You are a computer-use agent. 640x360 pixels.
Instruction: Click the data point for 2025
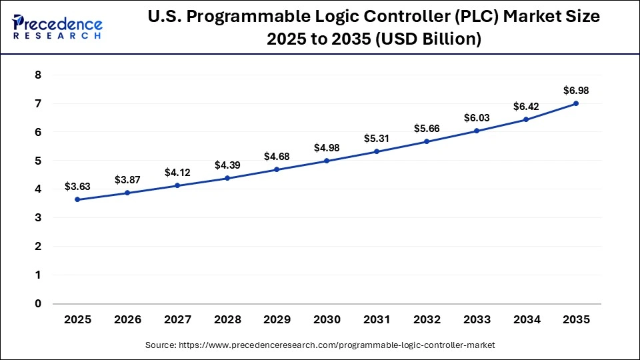coord(77,199)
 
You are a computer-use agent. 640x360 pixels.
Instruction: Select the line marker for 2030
coord(327,161)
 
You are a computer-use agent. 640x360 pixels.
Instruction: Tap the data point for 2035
coord(576,103)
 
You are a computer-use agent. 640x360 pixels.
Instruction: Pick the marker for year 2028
coord(227,178)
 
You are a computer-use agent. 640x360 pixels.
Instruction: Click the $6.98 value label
coord(576,90)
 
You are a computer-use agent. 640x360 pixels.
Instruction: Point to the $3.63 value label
coord(77,186)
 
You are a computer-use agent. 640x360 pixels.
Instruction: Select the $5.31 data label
coord(377,138)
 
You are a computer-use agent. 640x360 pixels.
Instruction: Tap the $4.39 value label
coord(227,165)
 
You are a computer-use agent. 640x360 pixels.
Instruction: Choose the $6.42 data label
coord(526,106)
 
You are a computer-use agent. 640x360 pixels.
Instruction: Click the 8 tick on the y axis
coord(38,75)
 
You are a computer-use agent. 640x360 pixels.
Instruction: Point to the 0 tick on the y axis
coord(38,303)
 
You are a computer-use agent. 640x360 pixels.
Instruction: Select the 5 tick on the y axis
coord(38,161)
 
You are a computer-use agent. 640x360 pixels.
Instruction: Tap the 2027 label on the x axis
coord(177,319)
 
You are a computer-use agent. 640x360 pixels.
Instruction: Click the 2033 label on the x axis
coord(477,319)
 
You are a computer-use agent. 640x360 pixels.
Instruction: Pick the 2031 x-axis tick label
coord(377,319)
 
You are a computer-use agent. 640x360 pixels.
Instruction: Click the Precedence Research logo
coord(57,27)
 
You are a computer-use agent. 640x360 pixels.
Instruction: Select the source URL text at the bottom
coord(320,345)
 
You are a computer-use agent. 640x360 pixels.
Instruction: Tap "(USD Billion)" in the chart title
coord(426,39)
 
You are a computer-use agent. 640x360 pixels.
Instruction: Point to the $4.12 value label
coord(177,172)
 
